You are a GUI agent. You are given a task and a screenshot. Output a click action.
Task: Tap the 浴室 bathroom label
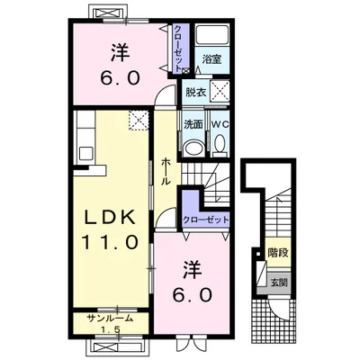[211, 59]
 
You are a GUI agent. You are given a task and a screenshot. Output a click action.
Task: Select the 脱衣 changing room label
[195, 93]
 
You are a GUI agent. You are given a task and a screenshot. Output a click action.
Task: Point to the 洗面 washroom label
[193, 124]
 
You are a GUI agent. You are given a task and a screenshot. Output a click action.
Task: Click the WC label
[220, 124]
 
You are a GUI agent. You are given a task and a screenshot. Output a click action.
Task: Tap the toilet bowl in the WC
[220, 144]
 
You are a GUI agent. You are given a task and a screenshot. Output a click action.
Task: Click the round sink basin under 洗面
[193, 148]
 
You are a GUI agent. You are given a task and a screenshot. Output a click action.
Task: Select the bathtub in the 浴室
[211, 35]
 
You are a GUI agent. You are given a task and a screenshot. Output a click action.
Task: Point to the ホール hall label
[166, 172]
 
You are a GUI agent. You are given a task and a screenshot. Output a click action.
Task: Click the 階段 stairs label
[278, 253]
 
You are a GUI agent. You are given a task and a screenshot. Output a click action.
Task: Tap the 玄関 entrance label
[279, 283]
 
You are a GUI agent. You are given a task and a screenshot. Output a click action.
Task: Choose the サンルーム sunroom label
[110, 318]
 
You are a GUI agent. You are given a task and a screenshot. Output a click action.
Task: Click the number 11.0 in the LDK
[110, 242]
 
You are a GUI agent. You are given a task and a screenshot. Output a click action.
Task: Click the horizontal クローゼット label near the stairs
[205, 220]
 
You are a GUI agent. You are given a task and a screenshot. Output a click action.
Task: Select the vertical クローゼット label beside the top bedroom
[178, 49]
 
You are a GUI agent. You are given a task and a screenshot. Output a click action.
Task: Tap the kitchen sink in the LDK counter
[86, 154]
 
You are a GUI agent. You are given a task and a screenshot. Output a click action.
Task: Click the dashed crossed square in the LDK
[139, 121]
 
